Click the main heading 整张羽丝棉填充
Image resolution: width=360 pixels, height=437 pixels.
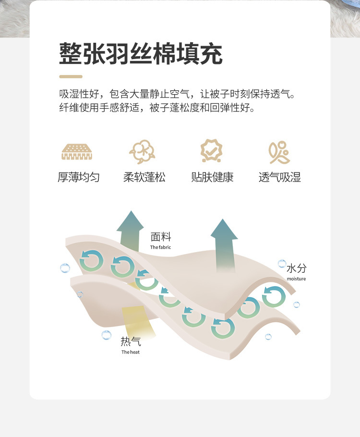coord(141,53)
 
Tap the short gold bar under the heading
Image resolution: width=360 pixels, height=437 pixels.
coord(71,77)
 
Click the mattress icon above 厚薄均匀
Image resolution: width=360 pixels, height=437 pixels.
coord(77,152)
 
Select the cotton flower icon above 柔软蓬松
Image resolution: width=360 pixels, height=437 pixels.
coord(143,152)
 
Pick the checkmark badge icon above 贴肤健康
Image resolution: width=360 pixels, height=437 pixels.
coord(212,150)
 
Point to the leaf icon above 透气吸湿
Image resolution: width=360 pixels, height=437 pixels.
coord(279,152)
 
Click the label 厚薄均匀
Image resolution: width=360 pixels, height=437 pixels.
coord(79,177)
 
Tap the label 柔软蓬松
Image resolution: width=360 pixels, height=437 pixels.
coord(144,177)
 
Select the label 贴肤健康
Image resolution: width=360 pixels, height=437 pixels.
coord(212,177)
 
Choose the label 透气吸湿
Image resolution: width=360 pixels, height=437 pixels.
coord(280,177)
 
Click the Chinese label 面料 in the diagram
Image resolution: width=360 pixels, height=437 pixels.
coord(161,237)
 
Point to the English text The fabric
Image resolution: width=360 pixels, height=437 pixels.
coord(160,247)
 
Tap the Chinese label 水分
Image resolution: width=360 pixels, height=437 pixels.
coord(297,268)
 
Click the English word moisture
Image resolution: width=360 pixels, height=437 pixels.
coord(296,279)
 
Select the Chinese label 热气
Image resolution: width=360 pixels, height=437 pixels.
coord(131,341)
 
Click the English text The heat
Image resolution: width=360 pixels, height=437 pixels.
coord(131,352)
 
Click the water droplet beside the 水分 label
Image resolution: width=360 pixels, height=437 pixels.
coord(282,263)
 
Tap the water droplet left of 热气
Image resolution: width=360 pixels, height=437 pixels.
coord(107,335)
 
